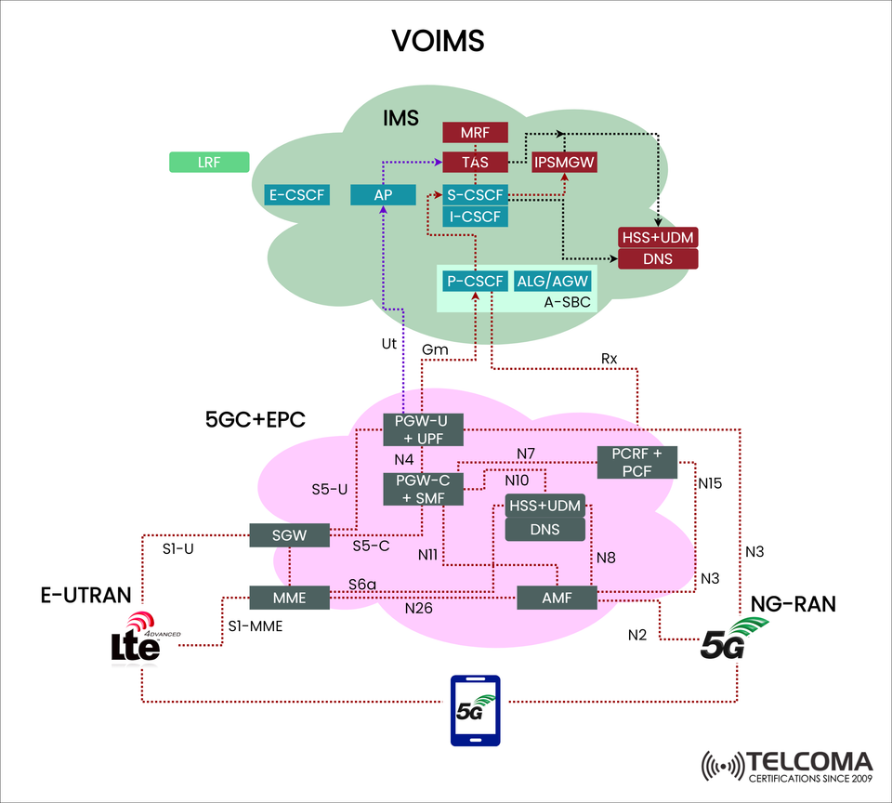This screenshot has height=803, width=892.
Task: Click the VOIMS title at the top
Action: coord(437,41)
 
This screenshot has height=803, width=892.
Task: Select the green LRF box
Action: coord(209,163)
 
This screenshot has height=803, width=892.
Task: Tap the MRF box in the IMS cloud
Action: coord(475,133)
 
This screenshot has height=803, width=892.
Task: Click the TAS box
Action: coord(475,163)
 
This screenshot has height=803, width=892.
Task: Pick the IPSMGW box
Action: coord(564,163)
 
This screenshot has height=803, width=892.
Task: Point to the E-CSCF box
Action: coord(297,194)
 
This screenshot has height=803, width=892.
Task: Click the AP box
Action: coord(382,194)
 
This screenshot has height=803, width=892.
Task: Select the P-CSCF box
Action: coord(475,281)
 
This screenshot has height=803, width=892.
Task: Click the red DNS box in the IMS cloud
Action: coord(658,258)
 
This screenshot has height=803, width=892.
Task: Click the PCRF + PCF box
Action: coord(636,462)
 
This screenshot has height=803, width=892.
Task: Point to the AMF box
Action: coord(557,597)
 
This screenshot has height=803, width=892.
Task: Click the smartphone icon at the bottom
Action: coord(475,710)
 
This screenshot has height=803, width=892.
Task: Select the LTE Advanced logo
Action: coord(140,641)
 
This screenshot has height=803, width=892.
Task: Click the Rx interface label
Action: coord(609,358)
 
